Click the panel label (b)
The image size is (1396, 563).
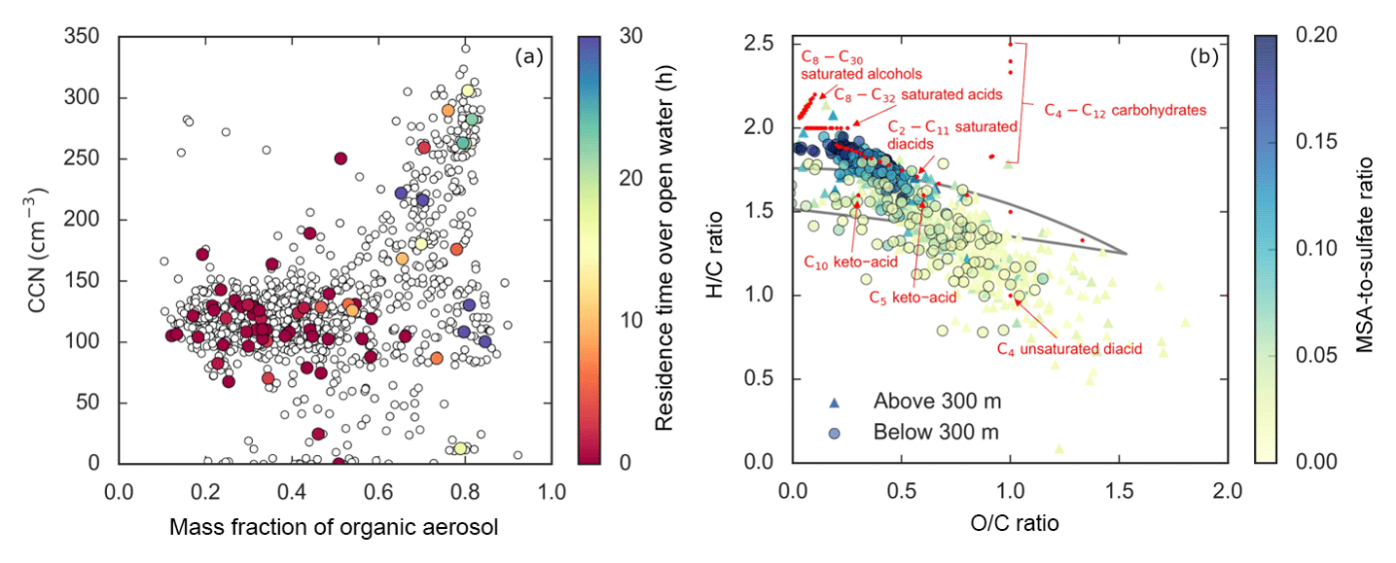point(1203,57)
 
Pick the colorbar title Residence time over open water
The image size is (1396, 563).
point(664,250)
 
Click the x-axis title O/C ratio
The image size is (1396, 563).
point(1010,522)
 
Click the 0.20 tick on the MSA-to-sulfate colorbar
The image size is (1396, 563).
point(1310,36)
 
